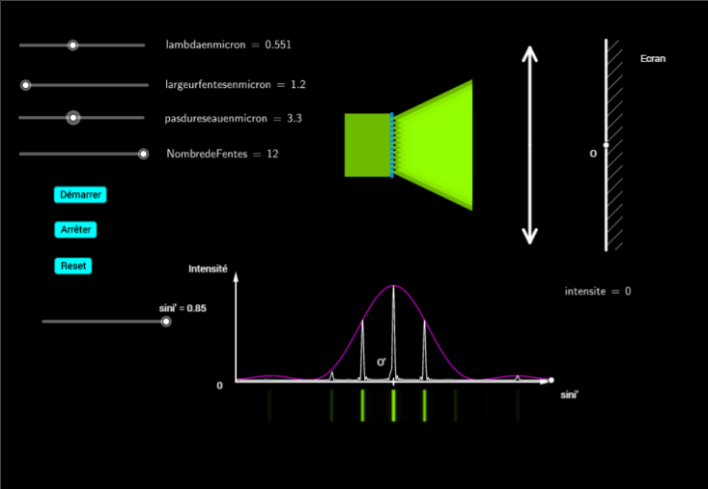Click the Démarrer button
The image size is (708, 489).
(80, 195)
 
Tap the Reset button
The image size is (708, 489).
(73, 266)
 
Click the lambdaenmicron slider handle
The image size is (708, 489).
(72, 45)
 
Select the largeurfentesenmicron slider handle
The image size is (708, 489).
(26, 85)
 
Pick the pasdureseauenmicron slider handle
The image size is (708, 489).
(73, 118)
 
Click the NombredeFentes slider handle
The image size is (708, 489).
(143, 154)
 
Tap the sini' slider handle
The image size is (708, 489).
(166, 322)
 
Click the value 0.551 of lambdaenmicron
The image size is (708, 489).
(278, 44)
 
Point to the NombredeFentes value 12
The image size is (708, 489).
(272, 154)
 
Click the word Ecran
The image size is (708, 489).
(653, 59)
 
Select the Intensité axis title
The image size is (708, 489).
(208, 269)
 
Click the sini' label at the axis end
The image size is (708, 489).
(569, 395)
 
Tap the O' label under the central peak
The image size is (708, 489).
(382, 362)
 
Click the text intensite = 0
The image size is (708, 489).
(598, 291)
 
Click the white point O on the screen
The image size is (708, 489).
(606, 145)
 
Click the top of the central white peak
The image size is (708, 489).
(393, 286)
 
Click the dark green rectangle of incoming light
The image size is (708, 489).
(368, 145)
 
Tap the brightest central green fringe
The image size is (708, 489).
(393, 405)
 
